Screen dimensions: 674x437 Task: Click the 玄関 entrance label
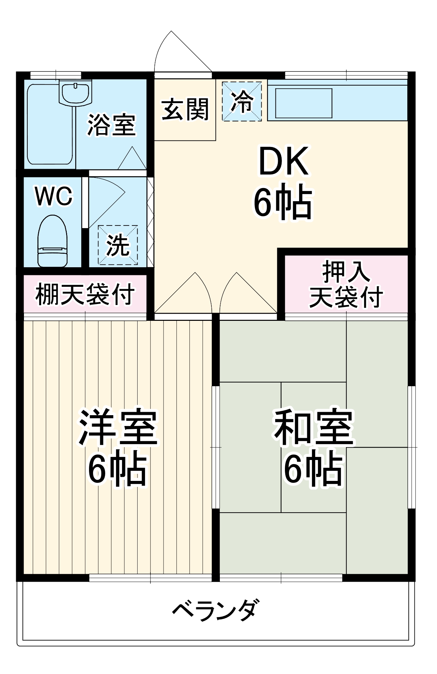(x=185, y=110)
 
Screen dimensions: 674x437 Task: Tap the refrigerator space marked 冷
(x=242, y=101)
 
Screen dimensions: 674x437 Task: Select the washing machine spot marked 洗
(x=118, y=245)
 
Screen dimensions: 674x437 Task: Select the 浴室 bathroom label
(x=111, y=125)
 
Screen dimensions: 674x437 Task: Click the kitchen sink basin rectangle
(x=303, y=103)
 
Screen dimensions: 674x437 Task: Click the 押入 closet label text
(x=346, y=272)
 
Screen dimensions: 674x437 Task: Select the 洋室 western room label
(x=118, y=427)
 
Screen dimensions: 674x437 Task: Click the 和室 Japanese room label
(x=314, y=427)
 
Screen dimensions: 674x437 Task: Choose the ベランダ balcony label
(x=216, y=610)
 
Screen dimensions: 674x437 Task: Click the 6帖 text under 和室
(x=314, y=469)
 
